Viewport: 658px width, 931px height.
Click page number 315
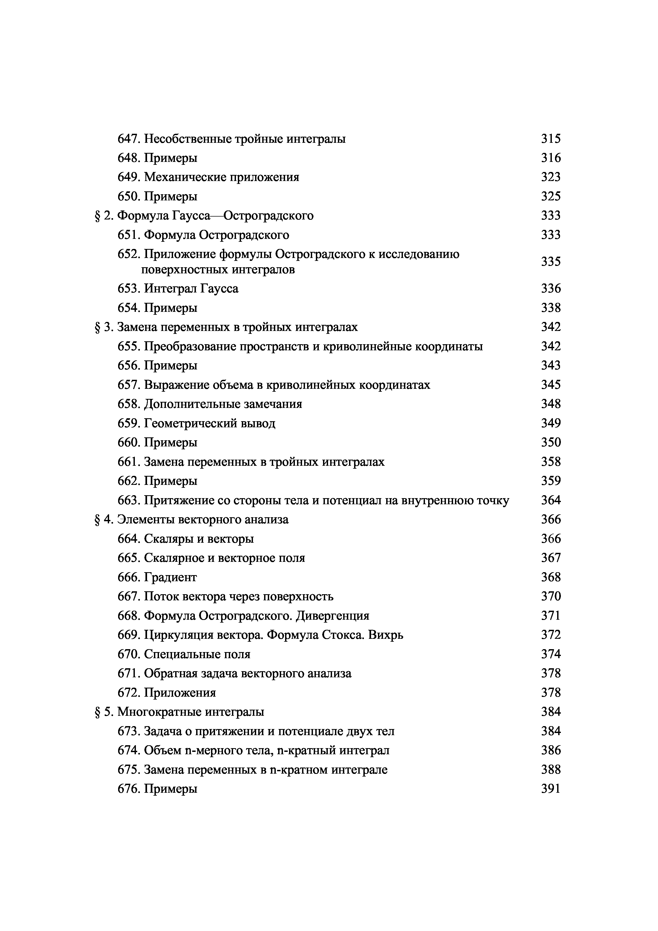[x=551, y=139]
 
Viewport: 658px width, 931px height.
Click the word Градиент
[x=170, y=577]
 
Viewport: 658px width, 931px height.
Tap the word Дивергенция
[x=332, y=616]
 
